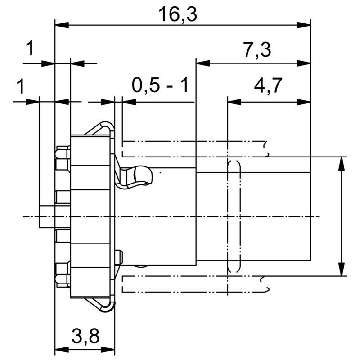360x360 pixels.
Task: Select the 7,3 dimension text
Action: [x=257, y=50]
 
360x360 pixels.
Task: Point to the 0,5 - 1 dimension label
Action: [x=161, y=85]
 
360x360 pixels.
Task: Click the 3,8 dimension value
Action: [x=85, y=335]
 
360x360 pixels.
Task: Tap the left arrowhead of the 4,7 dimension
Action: [x=234, y=102]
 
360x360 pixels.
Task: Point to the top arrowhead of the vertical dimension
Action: [x=342, y=163]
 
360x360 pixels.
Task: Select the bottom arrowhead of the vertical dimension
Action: [x=342, y=269]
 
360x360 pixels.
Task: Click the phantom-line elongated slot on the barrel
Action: [x=234, y=216]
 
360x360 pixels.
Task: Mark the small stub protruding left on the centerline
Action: [x=47, y=216]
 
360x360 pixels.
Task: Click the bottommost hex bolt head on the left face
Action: [x=63, y=275]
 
